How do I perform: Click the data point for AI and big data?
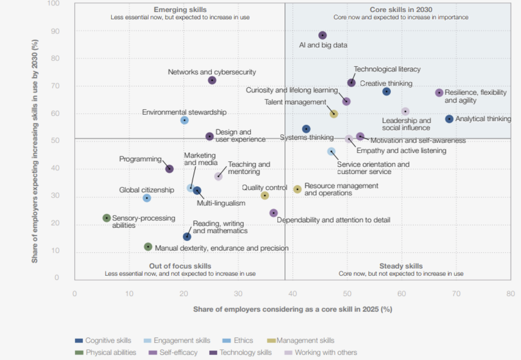pos(322,35)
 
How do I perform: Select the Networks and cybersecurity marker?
pos(212,80)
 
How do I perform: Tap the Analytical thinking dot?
pos(449,119)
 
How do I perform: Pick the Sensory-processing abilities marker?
pos(107,218)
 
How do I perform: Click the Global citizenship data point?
pos(147,198)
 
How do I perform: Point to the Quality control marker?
pos(265,195)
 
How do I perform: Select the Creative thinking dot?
pos(387,92)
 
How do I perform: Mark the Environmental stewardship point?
pos(184,120)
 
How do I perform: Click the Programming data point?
pos(169,169)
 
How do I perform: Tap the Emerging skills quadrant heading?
pos(180,9)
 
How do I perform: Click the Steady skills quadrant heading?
pos(401,266)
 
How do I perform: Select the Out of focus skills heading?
pos(180,266)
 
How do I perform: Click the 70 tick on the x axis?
pos(456,294)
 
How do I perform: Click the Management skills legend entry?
pos(305,340)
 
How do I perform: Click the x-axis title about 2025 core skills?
pos(293,309)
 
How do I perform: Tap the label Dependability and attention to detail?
pos(333,220)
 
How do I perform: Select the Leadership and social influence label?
pos(406,124)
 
